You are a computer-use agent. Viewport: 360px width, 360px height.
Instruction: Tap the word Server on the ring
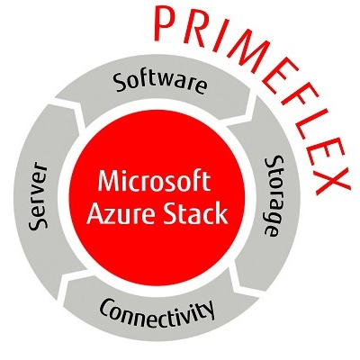pyautogui.click(x=39, y=195)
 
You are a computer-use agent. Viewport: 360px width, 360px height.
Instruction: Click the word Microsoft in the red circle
pyautogui.click(x=154, y=181)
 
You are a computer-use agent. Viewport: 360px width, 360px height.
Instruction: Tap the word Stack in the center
pyautogui.click(x=195, y=213)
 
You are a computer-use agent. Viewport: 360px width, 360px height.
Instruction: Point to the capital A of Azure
pyautogui.click(x=95, y=213)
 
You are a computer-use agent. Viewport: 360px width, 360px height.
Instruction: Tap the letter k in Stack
pyautogui.click(x=220, y=212)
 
